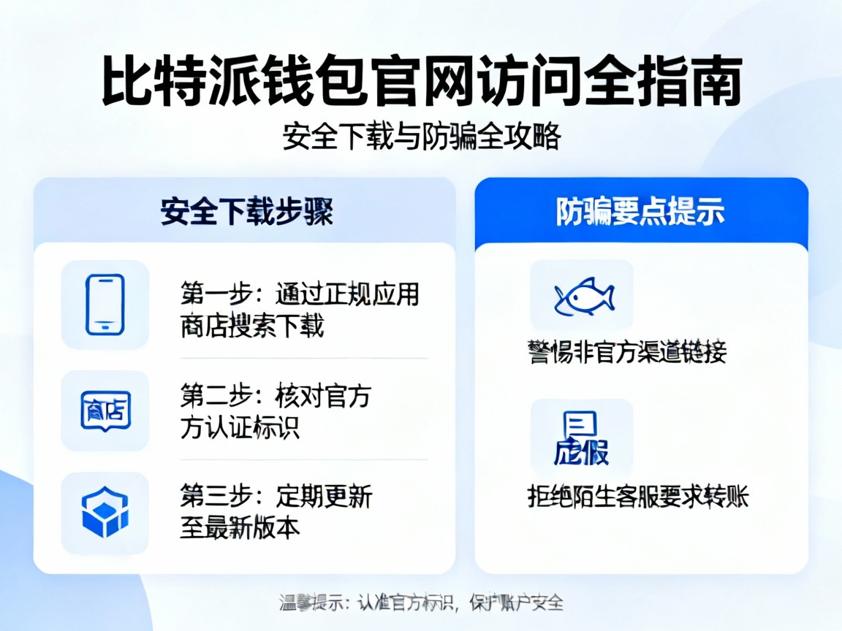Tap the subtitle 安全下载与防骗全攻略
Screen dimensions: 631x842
pyautogui.click(x=421, y=137)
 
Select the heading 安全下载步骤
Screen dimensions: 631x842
pyautogui.click(x=246, y=212)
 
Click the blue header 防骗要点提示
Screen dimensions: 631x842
pyautogui.click(x=640, y=212)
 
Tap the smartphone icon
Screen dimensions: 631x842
pyautogui.click(x=105, y=305)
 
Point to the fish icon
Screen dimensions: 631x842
pyautogui.click(x=583, y=297)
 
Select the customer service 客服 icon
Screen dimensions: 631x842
pyautogui.click(x=581, y=438)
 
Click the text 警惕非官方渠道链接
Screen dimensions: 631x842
pyautogui.click(x=626, y=353)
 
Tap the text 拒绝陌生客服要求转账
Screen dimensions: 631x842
pyautogui.click(x=637, y=497)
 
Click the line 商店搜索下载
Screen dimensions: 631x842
pyautogui.click(x=251, y=326)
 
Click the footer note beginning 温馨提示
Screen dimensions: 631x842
pyautogui.click(x=421, y=603)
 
